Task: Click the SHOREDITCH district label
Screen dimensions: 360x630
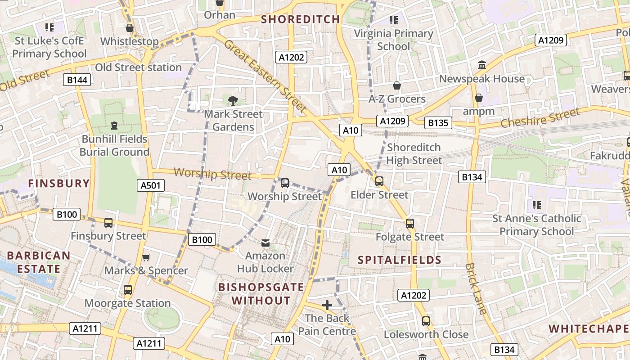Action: [300, 19]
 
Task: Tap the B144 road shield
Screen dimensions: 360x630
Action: [77, 80]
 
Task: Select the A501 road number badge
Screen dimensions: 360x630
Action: [151, 185]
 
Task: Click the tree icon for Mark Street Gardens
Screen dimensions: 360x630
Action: [233, 101]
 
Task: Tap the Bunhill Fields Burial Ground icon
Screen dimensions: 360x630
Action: [114, 126]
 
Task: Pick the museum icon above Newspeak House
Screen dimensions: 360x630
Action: [482, 65]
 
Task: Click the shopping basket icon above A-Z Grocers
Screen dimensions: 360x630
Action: [397, 85]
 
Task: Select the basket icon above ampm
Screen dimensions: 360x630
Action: [479, 98]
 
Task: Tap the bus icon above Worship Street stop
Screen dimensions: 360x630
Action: [284, 183]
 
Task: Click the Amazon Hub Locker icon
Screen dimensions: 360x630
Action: [265, 243]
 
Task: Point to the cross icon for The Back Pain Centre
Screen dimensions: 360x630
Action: [327, 305]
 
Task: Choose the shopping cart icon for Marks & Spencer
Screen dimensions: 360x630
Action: [146, 258]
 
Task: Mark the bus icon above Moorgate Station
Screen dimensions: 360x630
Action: [128, 290]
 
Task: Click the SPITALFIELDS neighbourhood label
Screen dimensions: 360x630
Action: [400, 260]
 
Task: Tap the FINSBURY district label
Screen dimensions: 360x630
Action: [59, 183]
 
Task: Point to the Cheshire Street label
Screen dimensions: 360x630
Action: [540, 118]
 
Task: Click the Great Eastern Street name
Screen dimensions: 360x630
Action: [265, 76]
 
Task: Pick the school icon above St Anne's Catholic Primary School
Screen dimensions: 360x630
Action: [536, 205]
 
